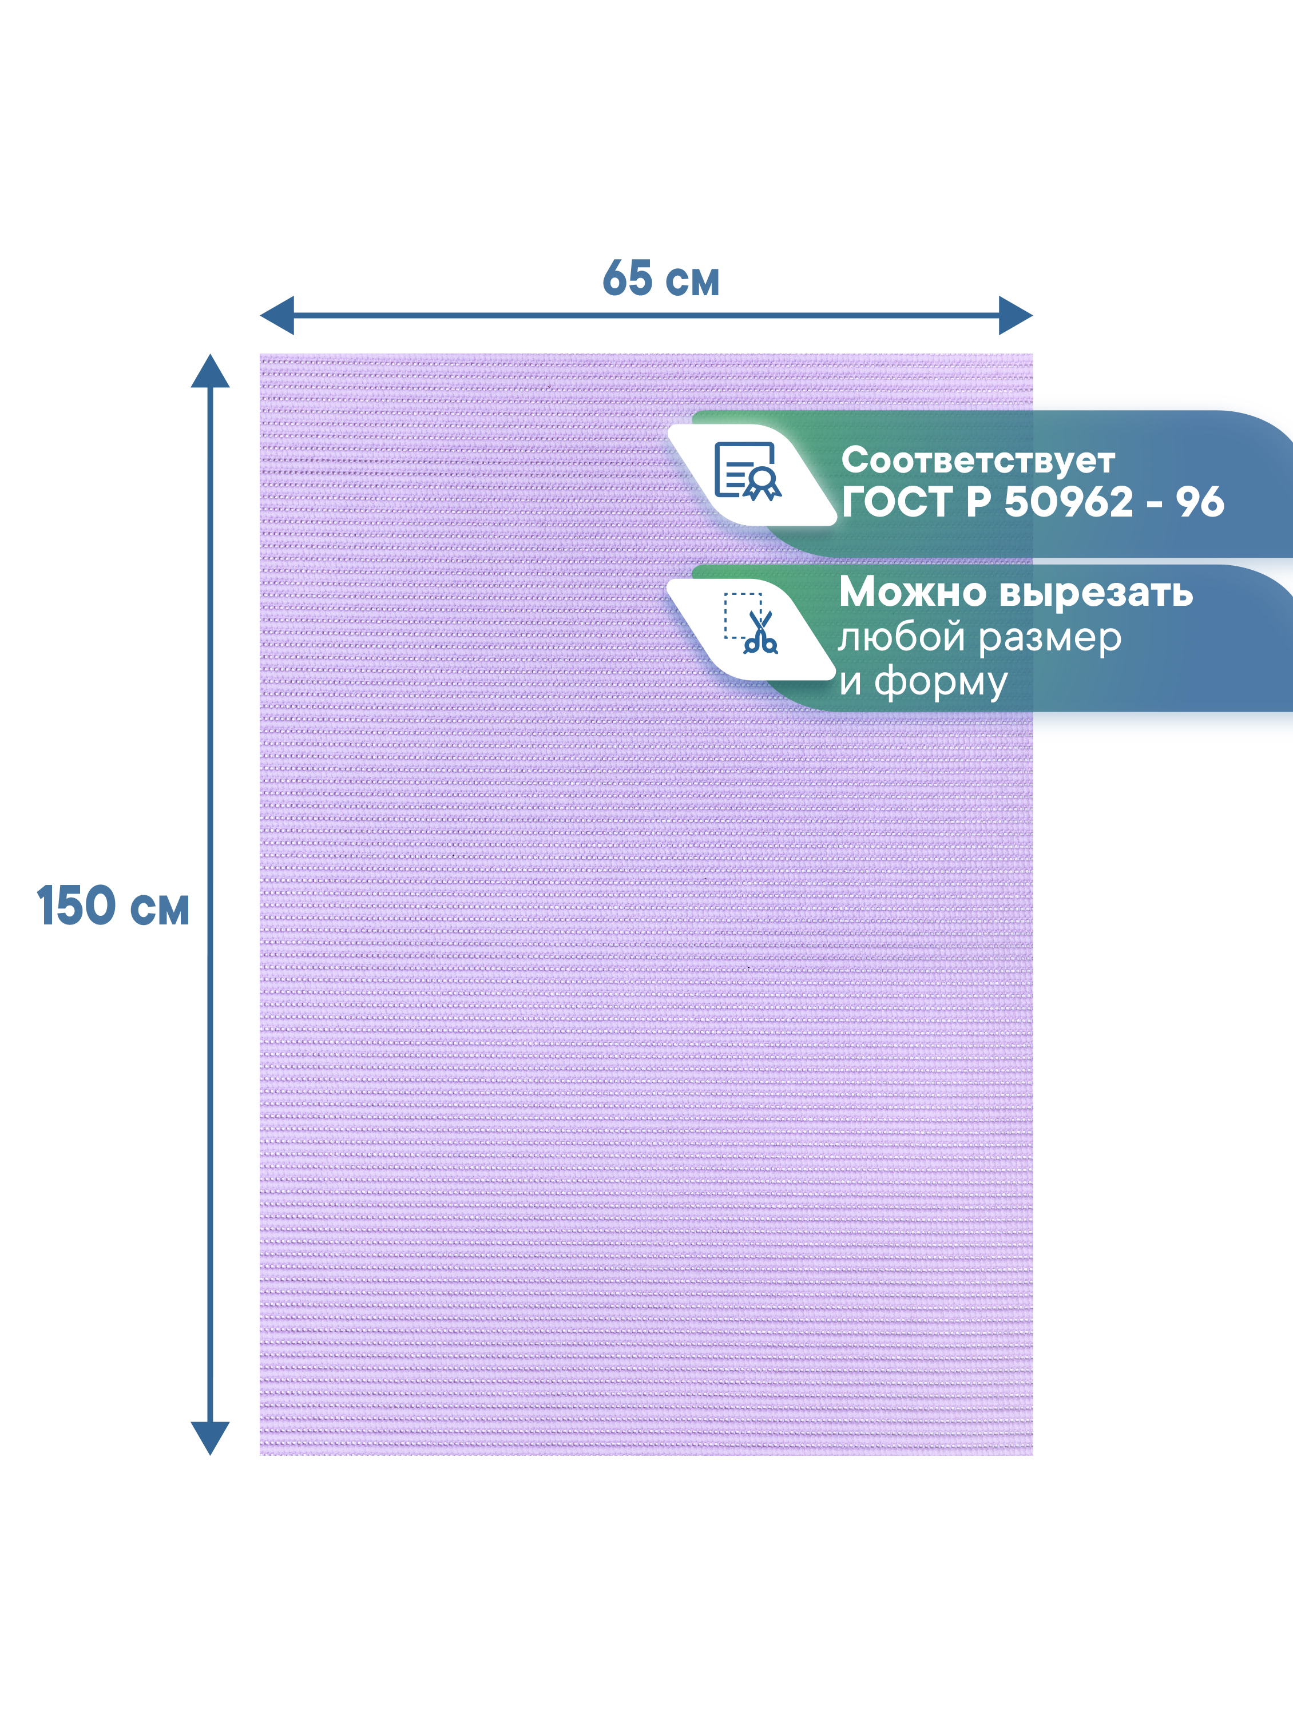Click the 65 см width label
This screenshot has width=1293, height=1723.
(661, 279)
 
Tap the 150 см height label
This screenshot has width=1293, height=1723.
(113, 906)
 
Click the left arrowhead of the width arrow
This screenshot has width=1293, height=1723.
(277, 315)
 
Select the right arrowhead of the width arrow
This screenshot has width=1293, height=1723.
(1015, 315)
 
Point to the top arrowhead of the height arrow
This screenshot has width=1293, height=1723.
(211, 372)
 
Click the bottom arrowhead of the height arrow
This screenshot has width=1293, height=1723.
(211, 1437)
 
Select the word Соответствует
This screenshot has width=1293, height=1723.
(978, 460)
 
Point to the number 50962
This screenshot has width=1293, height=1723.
(1068, 502)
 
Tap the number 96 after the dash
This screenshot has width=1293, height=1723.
(1200, 502)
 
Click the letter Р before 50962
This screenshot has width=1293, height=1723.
(978, 502)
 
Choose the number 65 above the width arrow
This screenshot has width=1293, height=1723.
(627, 278)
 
